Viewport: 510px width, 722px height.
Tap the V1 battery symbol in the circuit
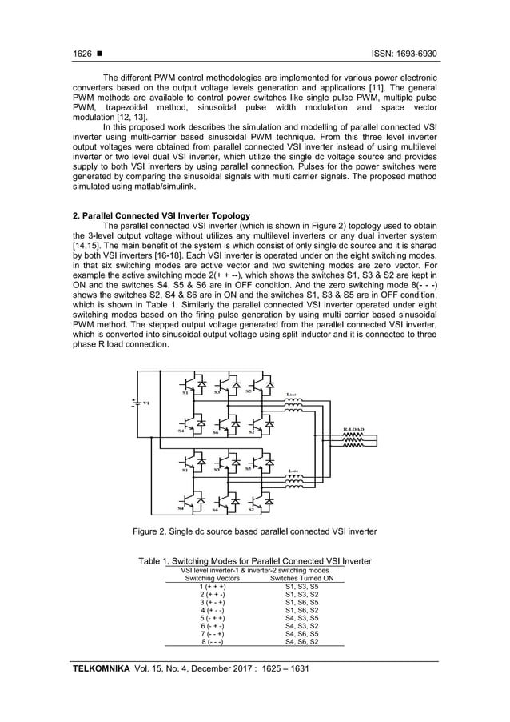pos(133,402)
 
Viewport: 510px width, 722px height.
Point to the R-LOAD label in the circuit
pos(353,429)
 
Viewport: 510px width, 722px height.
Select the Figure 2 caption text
pos(253,531)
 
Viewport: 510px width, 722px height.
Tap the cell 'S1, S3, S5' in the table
pos(302,587)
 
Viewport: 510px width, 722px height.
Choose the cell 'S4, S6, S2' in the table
pos(302,641)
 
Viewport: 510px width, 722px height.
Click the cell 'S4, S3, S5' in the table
pos(302,618)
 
